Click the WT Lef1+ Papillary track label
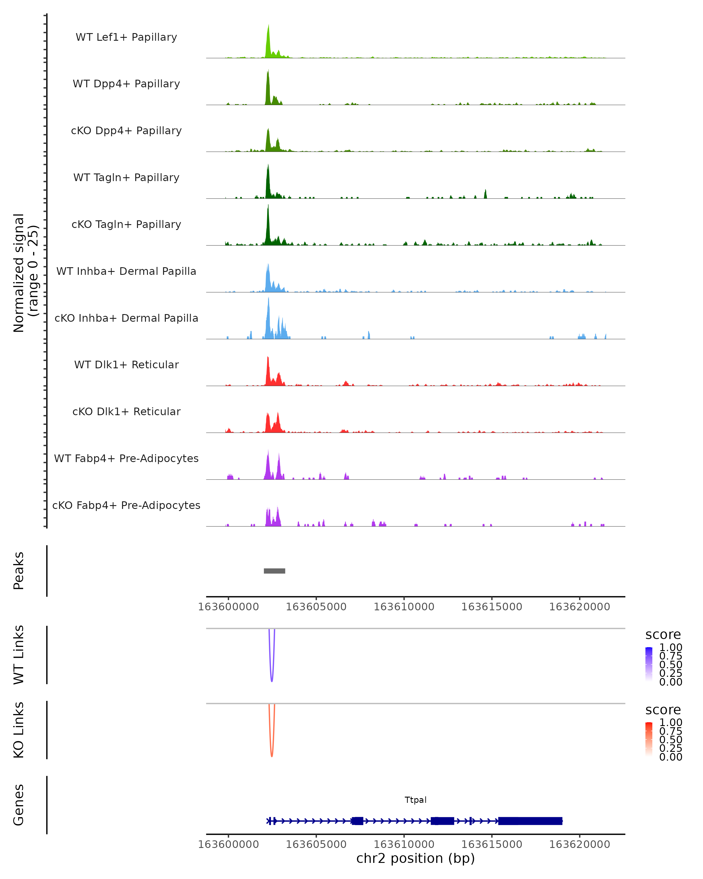click(126, 37)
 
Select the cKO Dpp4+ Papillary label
click(126, 131)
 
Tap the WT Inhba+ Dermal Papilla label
click(126, 272)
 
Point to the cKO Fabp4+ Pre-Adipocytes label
click(126, 505)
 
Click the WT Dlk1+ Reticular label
click(126, 365)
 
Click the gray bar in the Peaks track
click(274, 571)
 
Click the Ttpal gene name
click(415, 800)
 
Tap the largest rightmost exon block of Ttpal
click(530, 821)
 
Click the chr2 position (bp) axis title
click(415, 858)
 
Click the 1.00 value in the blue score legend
click(670, 648)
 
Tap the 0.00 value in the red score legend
click(670, 757)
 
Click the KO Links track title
click(19, 730)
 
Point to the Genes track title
click(19, 805)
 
